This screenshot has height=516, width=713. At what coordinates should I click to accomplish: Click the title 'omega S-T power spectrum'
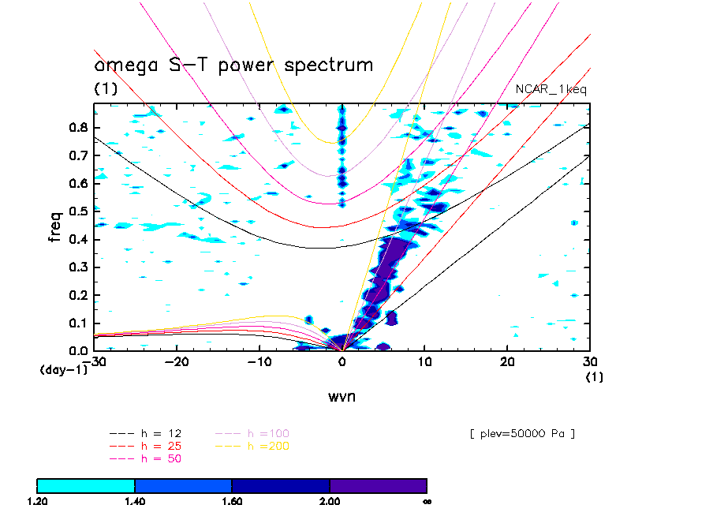coord(233,65)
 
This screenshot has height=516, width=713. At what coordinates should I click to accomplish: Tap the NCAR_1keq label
coord(551,89)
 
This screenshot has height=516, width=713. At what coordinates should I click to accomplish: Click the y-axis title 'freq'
coord(55,224)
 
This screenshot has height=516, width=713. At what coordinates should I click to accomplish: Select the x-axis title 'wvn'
coord(342,397)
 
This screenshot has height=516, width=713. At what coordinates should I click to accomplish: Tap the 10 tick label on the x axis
coord(425,361)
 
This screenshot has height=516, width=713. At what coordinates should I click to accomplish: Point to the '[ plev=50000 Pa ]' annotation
coord(521,434)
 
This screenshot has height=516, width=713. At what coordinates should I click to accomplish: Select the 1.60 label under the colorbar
coord(232,501)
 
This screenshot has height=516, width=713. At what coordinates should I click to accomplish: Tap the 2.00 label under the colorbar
coord(330,501)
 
